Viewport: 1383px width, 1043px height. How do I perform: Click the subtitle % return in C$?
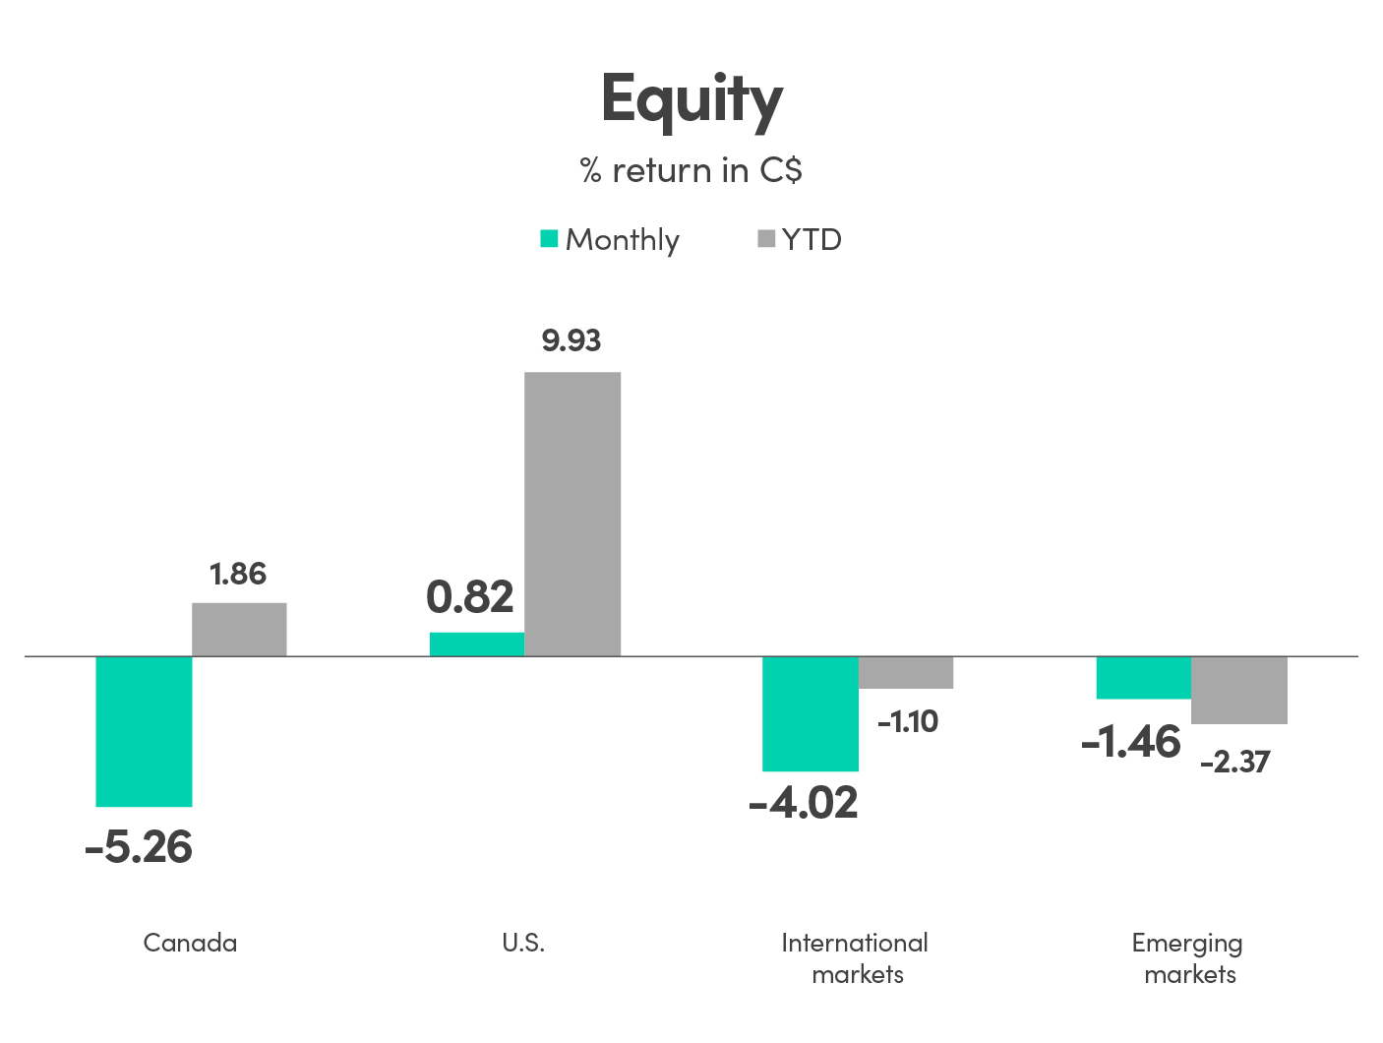point(691,170)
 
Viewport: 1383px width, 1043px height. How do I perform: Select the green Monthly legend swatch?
point(550,239)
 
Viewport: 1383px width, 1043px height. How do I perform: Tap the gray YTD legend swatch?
point(766,239)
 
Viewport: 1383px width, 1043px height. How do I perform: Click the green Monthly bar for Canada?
point(144,731)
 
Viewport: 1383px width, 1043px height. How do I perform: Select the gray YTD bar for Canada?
point(239,629)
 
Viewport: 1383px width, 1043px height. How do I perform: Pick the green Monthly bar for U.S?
point(477,644)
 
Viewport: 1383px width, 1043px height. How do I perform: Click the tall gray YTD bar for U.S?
point(572,514)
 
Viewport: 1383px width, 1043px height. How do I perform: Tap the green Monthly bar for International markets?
point(811,713)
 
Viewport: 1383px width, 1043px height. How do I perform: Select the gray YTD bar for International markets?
point(906,672)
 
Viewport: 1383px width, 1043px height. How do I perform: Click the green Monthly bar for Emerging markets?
point(1144,677)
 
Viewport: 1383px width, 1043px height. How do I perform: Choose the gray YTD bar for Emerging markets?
point(1239,690)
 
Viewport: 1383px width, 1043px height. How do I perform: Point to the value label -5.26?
point(139,847)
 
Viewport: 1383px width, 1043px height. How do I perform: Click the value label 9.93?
point(571,340)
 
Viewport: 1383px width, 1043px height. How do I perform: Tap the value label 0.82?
point(470,597)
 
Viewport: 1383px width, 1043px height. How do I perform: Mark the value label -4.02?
point(804,803)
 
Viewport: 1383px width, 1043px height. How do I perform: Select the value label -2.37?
point(1235,762)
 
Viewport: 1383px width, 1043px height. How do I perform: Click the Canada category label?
point(190,943)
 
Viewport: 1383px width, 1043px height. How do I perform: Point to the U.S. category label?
point(523,943)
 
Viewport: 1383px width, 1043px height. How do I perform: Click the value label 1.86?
point(238,574)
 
